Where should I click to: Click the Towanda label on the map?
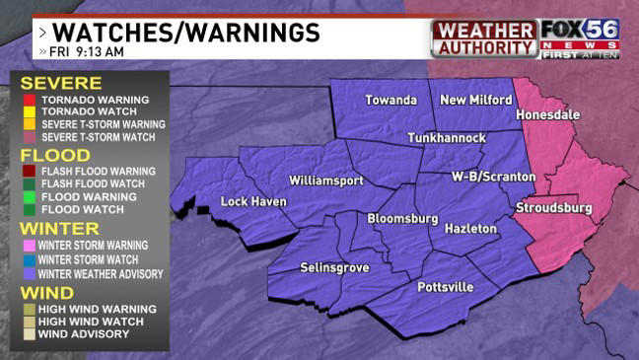click(x=390, y=100)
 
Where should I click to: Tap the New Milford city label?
click(x=475, y=100)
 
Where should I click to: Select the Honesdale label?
click(x=549, y=115)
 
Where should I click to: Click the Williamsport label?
click(x=326, y=180)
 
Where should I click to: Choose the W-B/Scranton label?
click(x=493, y=177)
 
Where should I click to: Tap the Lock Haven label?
click(x=253, y=202)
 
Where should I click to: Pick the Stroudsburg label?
click(x=553, y=208)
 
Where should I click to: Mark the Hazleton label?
click(x=470, y=228)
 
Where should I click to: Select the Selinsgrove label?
click(x=334, y=268)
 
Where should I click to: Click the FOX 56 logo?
click(x=581, y=38)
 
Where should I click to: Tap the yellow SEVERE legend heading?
click(x=61, y=83)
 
